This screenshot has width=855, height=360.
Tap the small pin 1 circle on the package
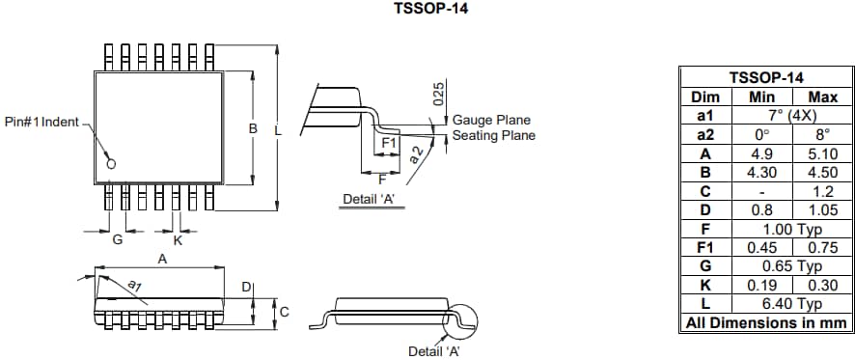(111, 164)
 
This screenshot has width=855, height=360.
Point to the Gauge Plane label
(492, 120)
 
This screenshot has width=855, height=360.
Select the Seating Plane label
(494, 135)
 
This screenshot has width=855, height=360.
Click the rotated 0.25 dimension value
(437, 94)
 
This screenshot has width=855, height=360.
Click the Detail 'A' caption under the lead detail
(370, 200)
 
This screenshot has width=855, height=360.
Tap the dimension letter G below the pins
(118, 240)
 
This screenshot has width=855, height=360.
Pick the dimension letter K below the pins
(178, 240)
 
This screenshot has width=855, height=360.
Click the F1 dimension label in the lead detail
(389, 143)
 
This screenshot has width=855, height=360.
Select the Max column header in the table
(822, 97)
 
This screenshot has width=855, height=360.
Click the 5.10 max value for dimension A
(822, 152)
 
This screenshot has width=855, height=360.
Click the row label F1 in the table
(705, 247)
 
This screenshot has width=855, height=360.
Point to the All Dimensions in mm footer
(767, 322)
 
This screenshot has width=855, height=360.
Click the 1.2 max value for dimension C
(822, 190)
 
